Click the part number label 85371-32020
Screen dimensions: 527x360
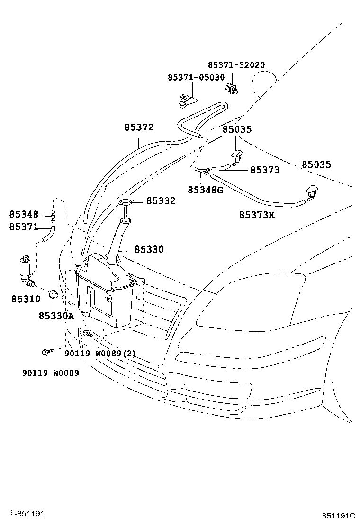coord(236,65)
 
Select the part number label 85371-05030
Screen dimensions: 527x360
coord(195,77)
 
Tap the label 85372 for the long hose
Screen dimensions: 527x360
coord(139,127)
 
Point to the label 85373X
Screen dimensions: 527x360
coord(257,215)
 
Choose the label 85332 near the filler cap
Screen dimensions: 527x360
coord(161,201)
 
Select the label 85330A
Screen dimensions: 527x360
coord(56,316)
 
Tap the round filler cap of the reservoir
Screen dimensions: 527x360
coord(126,203)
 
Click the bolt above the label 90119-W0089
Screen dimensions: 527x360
coord(46,352)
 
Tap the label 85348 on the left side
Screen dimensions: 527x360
coord(24,214)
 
